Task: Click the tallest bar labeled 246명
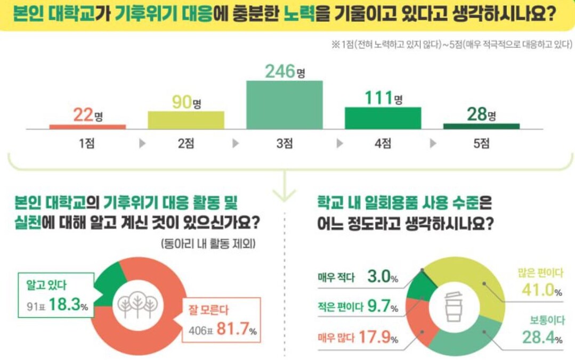(284, 104)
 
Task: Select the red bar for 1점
(87, 127)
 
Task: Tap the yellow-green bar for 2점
(185, 120)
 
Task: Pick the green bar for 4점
(383, 118)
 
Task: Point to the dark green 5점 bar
(481, 126)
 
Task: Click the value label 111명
(383, 99)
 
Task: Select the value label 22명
(87, 115)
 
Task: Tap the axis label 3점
(284, 143)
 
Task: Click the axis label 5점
(481, 143)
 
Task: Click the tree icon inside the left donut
(137, 304)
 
